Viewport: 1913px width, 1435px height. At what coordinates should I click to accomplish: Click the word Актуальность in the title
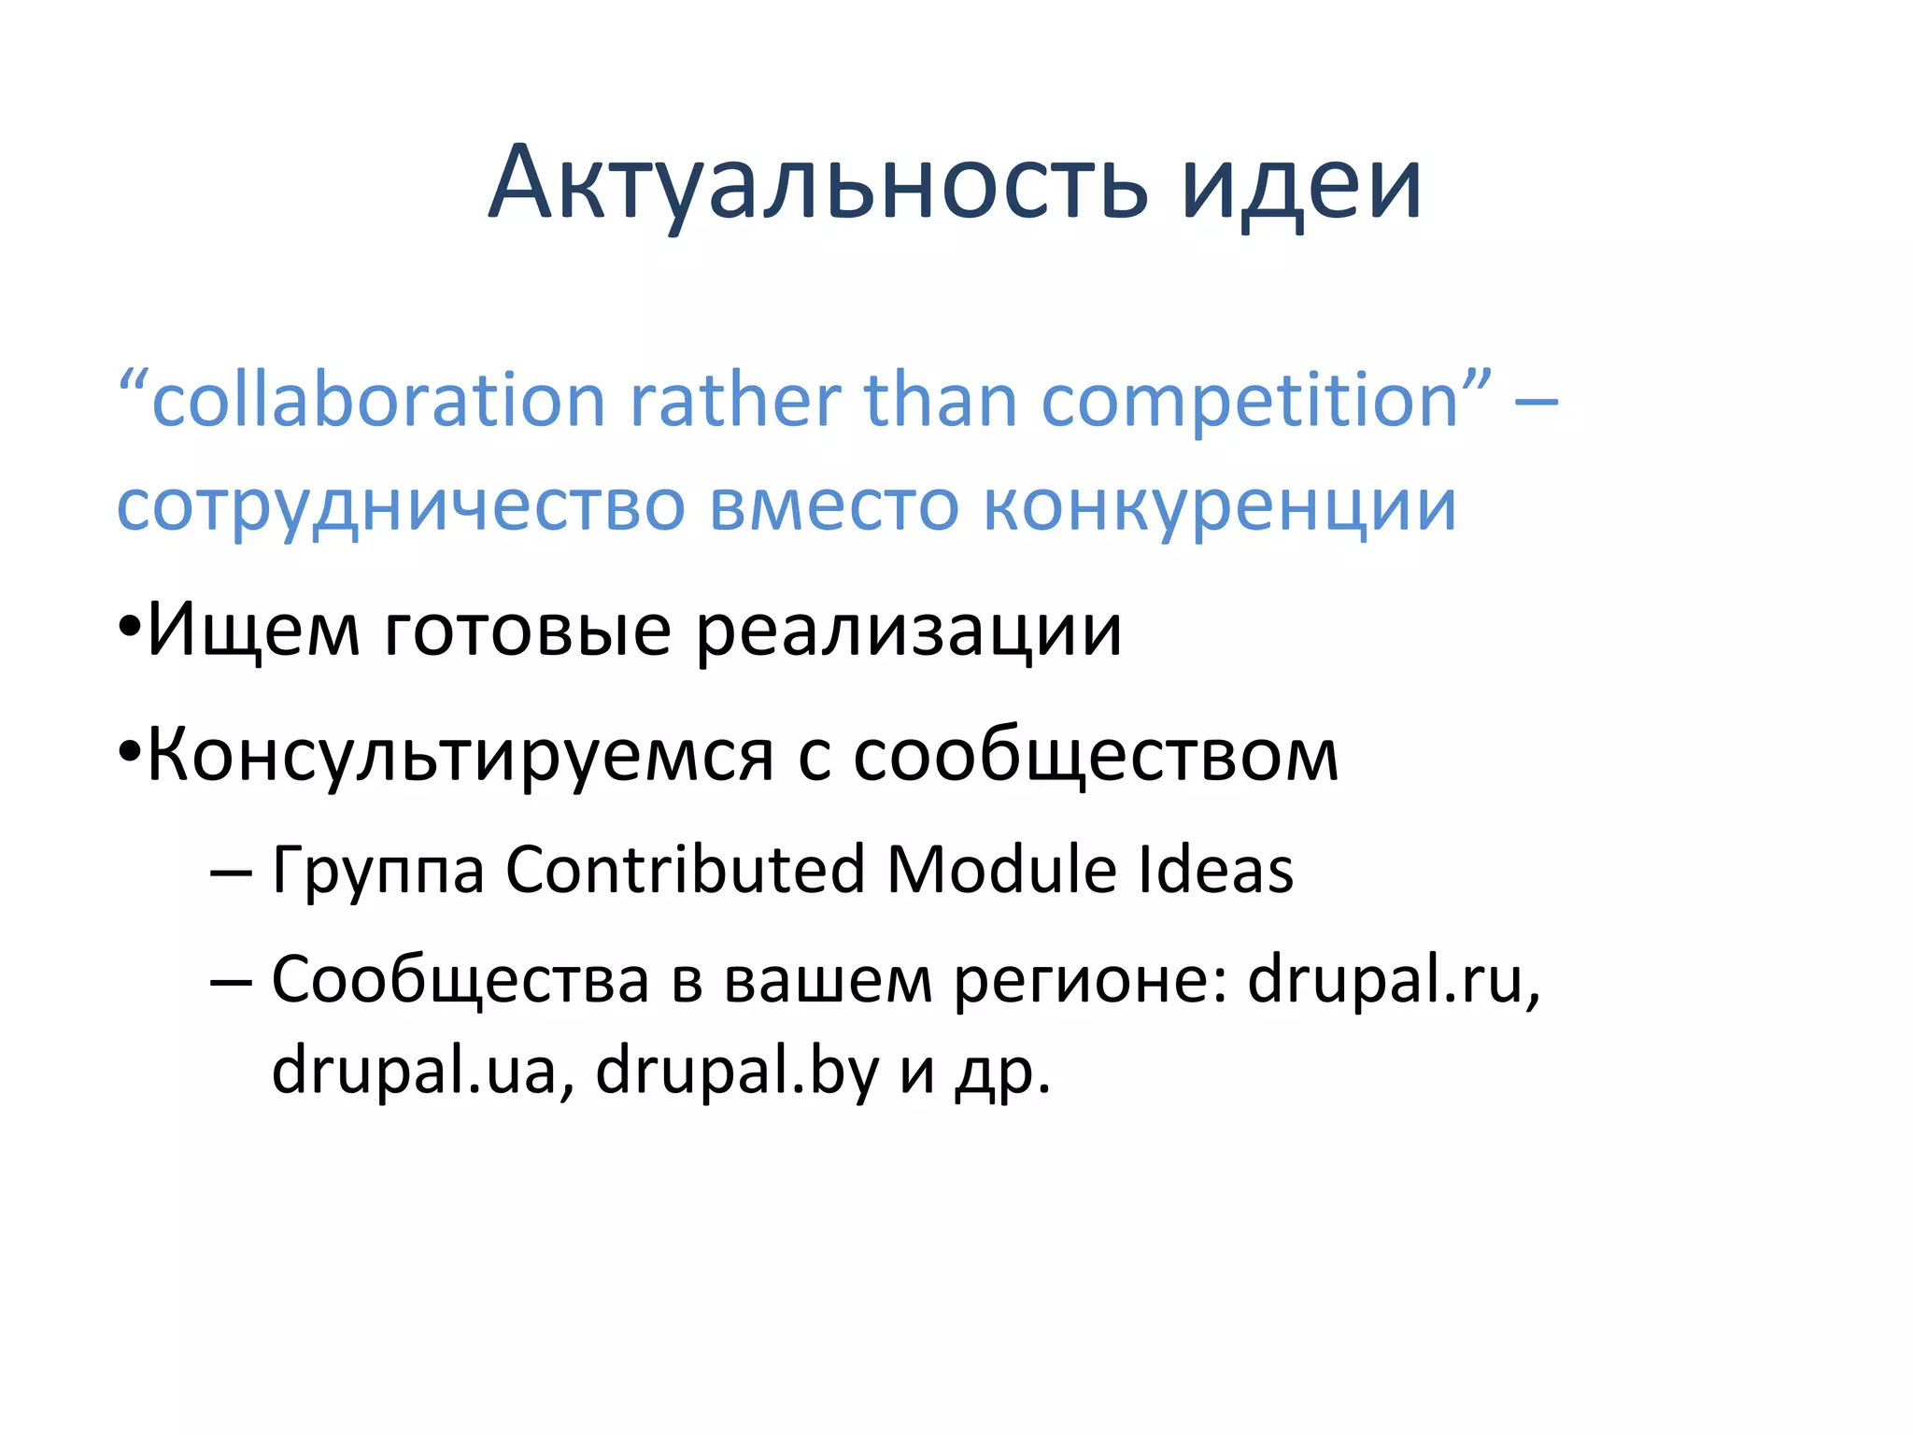click(x=816, y=184)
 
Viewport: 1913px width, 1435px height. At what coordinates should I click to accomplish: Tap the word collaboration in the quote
click(x=378, y=402)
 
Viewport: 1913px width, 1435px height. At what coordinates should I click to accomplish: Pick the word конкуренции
click(x=1219, y=507)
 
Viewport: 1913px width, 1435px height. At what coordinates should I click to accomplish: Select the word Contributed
click(x=686, y=870)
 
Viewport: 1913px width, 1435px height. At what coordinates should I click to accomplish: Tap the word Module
click(x=1000, y=870)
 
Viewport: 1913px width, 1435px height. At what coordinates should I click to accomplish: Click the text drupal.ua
click(x=414, y=1071)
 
